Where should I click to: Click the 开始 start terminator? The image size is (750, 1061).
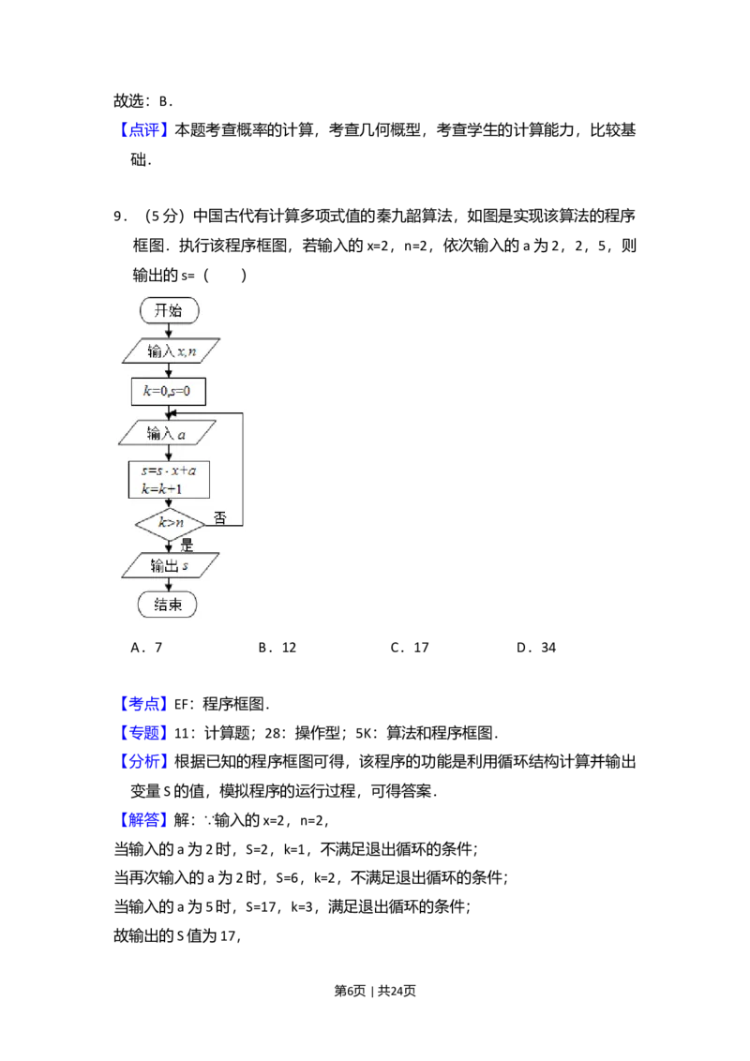pyautogui.click(x=169, y=310)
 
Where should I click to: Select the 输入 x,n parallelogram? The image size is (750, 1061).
pyautogui.click(x=172, y=351)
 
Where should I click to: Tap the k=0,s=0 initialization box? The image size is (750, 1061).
pyautogui.click(x=168, y=391)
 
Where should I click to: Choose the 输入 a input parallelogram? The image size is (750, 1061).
pyautogui.click(x=167, y=432)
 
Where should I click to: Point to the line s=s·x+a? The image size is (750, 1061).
pyautogui.click(x=169, y=471)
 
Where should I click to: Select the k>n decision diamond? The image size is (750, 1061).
pyautogui.click(x=170, y=523)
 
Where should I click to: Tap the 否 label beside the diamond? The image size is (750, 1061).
pyautogui.click(x=219, y=518)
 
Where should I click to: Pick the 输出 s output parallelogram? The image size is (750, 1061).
pyautogui.click(x=171, y=565)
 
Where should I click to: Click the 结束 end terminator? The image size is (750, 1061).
pyautogui.click(x=169, y=605)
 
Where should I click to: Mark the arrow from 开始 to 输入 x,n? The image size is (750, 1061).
pyautogui.click(x=169, y=330)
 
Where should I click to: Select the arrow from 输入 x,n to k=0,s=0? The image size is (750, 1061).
pyautogui.click(x=169, y=371)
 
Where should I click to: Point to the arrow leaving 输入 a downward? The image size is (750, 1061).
pyautogui.click(x=169, y=452)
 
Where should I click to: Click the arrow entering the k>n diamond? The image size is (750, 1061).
pyautogui.click(x=169, y=504)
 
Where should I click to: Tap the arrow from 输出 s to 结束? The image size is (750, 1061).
pyautogui.click(x=169, y=585)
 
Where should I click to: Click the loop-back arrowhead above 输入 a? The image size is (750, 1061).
pyautogui.click(x=174, y=412)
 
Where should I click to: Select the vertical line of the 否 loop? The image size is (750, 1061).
pyautogui.click(x=243, y=469)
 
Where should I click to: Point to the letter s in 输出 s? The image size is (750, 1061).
pyautogui.click(x=185, y=566)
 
